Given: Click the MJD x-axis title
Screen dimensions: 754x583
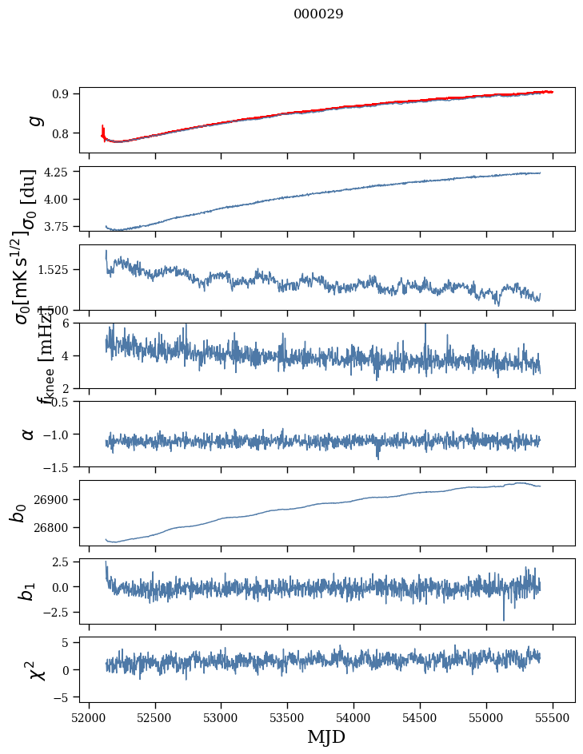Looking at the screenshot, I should pos(326,737).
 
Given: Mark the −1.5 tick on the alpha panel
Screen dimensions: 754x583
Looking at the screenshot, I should pos(58,466).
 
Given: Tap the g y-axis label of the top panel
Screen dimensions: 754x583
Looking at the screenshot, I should pos(33,120).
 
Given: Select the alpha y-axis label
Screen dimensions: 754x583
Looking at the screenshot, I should pos(29,434).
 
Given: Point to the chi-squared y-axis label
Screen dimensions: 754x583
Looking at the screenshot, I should pos(36,670).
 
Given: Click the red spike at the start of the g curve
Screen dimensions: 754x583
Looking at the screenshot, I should pos(103,130).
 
